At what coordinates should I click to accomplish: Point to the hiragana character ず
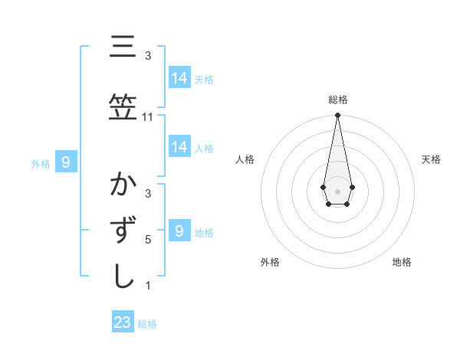click(x=123, y=231)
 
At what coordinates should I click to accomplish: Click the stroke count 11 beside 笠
click(x=148, y=117)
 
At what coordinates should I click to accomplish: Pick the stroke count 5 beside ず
click(x=148, y=240)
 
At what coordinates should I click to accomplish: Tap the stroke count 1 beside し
click(x=148, y=286)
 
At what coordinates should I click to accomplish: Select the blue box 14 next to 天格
click(x=179, y=78)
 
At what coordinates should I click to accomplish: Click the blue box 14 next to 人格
click(x=179, y=148)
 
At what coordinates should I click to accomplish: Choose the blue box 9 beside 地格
click(x=179, y=231)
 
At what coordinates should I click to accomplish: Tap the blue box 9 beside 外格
click(x=67, y=162)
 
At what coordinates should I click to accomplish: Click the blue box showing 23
click(x=123, y=322)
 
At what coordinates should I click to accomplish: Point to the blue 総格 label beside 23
click(x=147, y=324)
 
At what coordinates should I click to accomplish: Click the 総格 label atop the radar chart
click(x=337, y=100)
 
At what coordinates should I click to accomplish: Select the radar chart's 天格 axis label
click(x=432, y=159)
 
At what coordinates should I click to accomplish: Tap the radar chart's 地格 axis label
click(x=402, y=262)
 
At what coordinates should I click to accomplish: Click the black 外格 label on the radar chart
click(x=270, y=262)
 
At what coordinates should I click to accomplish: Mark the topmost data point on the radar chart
click(x=337, y=115)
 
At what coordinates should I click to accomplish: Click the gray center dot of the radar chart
click(x=337, y=190)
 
